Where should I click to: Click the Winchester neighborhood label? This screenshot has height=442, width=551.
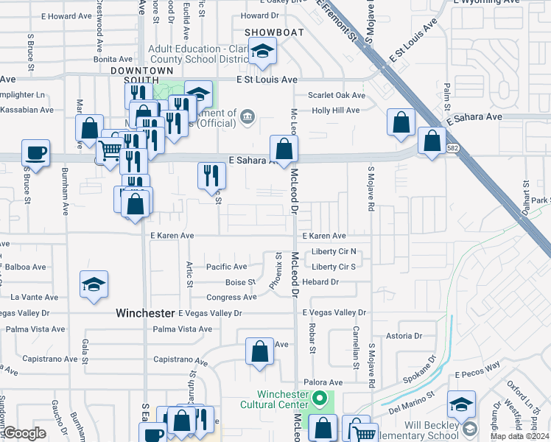[x=144, y=313]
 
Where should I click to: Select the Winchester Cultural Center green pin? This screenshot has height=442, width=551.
[x=319, y=401]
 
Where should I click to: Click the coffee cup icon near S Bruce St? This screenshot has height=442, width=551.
[x=35, y=153]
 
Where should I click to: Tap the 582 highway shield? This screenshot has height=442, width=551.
[x=450, y=148]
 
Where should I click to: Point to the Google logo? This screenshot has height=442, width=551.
[x=24, y=433]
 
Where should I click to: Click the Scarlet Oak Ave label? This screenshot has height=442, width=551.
[x=337, y=95]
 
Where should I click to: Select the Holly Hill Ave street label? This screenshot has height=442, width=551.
[x=335, y=110]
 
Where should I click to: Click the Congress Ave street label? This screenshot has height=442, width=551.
[x=231, y=298]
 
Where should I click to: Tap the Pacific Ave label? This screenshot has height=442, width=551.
[x=226, y=267]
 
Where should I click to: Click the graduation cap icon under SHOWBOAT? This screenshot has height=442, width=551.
[x=262, y=52]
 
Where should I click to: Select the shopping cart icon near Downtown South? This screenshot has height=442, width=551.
[x=109, y=150]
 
